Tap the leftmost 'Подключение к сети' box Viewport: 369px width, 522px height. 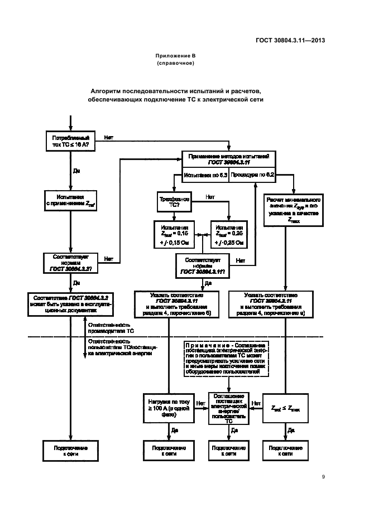[71, 451]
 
